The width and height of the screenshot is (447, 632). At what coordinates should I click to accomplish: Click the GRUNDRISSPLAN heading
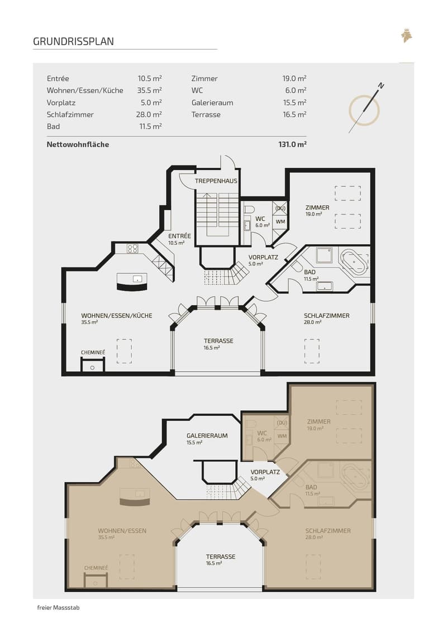tap(73, 41)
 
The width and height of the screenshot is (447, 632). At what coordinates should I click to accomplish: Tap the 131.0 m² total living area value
tap(293, 144)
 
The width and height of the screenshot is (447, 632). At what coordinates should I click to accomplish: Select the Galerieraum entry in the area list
tap(212, 102)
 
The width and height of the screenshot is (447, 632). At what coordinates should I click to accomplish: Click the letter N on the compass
tap(381, 85)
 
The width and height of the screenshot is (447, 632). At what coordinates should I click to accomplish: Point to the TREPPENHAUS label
tap(216, 181)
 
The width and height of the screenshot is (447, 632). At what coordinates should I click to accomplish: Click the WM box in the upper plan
tap(280, 221)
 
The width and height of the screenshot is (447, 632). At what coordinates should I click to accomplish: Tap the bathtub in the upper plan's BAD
tap(354, 261)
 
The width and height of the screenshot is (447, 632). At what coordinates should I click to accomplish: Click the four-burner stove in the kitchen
tap(132, 248)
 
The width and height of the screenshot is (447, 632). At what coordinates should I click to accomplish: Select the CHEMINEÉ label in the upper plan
tap(93, 352)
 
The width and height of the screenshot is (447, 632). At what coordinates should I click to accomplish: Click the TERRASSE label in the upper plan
tap(218, 340)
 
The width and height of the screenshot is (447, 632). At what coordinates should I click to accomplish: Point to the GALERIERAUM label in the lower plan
tap(207, 436)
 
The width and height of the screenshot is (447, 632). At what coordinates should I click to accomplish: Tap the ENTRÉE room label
tap(180, 236)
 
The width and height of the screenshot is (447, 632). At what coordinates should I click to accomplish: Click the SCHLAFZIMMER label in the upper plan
tap(326, 316)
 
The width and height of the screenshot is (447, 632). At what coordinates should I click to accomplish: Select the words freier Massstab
tap(59, 607)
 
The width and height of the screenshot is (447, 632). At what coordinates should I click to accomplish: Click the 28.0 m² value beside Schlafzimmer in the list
tap(149, 115)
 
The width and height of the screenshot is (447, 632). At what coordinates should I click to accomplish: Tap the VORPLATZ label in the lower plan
tap(265, 472)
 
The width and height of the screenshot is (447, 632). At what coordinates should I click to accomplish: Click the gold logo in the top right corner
tap(407, 35)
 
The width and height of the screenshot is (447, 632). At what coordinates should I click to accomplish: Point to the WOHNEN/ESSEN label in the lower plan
tap(122, 531)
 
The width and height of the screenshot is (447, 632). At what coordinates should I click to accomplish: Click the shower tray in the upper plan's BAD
tap(324, 255)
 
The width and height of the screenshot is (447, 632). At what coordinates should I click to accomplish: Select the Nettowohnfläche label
tap(78, 144)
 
